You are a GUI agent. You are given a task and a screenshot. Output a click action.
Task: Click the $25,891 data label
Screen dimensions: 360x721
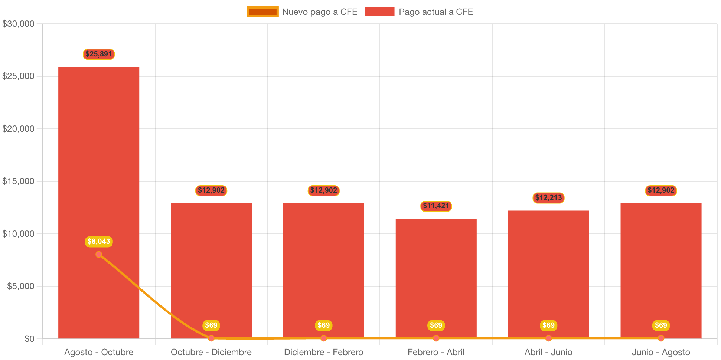point(99,54)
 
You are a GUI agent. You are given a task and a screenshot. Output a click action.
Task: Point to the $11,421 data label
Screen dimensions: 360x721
point(436,206)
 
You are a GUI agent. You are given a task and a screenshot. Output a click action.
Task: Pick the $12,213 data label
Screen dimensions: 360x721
point(548,198)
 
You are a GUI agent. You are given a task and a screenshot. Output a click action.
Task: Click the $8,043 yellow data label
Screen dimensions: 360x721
point(99,242)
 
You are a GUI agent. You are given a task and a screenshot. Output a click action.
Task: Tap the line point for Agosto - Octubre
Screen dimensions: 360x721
point(99,254)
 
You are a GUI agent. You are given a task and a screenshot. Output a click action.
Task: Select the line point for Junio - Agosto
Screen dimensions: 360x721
point(661,338)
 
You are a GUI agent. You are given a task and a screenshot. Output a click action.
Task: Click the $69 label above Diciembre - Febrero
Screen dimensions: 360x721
point(323,325)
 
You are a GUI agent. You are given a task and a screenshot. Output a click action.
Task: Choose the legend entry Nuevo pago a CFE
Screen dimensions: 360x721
point(302,12)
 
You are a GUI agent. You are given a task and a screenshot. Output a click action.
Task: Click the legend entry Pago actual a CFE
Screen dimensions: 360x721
point(419,12)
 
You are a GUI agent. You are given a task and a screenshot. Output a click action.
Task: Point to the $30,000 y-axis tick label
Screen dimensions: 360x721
point(18,24)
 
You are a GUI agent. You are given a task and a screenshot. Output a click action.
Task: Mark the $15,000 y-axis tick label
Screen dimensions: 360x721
point(18,181)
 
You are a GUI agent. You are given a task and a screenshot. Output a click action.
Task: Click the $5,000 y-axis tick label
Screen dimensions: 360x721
point(20,286)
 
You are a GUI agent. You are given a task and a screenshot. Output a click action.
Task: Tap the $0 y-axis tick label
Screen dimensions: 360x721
point(29,339)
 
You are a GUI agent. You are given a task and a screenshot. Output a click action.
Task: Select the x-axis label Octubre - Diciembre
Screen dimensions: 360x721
point(211,352)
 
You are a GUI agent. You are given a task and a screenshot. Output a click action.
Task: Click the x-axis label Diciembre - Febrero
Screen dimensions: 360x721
point(323,352)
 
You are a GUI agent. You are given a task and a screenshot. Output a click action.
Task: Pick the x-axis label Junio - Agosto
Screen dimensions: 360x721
point(661,352)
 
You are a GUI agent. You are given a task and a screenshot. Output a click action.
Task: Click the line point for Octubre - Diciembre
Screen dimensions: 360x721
point(211,338)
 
